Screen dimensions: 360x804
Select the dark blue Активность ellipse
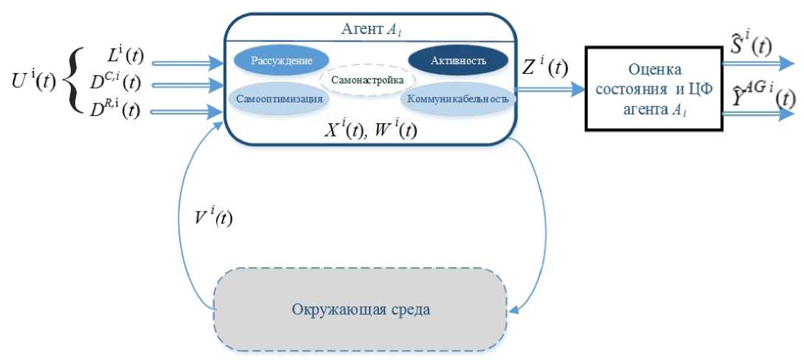(458, 60)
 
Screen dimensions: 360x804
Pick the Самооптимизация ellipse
(274, 98)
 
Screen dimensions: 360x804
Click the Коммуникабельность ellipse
(458, 98)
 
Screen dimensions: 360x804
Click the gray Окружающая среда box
(360, 308)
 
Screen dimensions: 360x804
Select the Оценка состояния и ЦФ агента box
(655, 88)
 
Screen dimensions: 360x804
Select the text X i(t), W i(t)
(371, 131)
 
